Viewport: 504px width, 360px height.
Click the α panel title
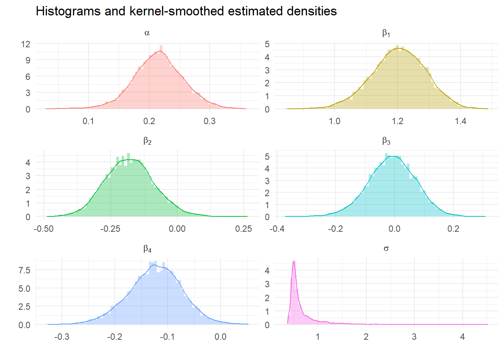(147, 33)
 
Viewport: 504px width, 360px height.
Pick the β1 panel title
(386, 33)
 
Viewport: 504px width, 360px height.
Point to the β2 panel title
(147, 141)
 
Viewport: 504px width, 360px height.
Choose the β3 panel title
(386, 141)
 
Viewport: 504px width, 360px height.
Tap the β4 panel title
(147, 249)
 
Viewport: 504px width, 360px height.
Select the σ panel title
(386, 249)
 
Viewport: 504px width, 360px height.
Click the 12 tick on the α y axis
(25, 44)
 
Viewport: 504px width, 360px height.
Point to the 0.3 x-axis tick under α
(210, 121)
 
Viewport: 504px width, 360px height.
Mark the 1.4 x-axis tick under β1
(460, 121)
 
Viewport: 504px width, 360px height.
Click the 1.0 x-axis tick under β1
(334, 121)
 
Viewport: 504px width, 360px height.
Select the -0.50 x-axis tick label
(43, 229)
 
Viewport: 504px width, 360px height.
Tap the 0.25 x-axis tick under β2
(243, 229)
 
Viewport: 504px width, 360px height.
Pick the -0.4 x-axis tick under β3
(277, 229)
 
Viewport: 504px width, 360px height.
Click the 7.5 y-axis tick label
(24, 270)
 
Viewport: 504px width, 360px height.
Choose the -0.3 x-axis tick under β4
(61, 337)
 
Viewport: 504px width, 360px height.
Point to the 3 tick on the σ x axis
(414, 337)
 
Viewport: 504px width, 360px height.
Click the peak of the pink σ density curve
(294, 261)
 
